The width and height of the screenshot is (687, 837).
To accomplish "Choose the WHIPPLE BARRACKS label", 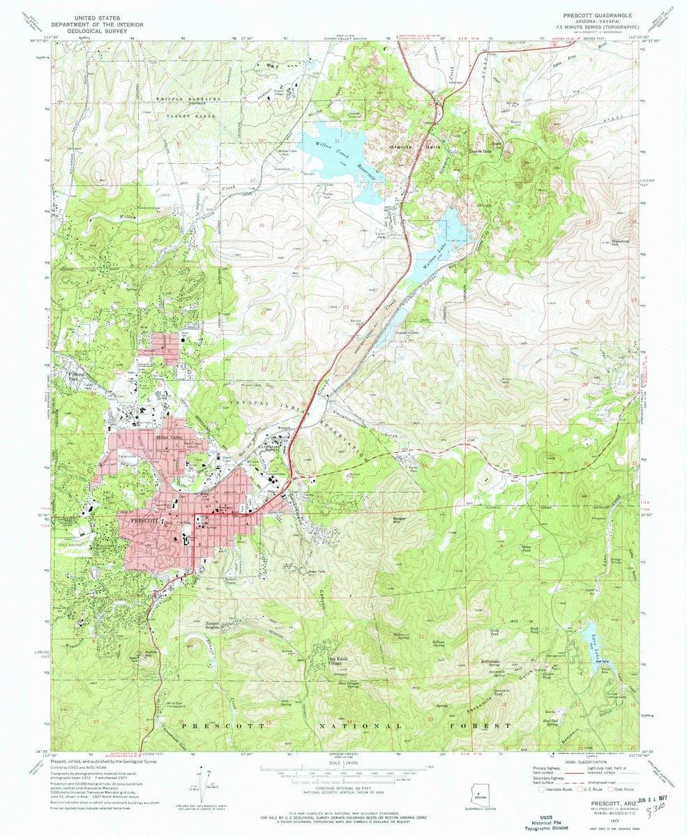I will tap(187, 100).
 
